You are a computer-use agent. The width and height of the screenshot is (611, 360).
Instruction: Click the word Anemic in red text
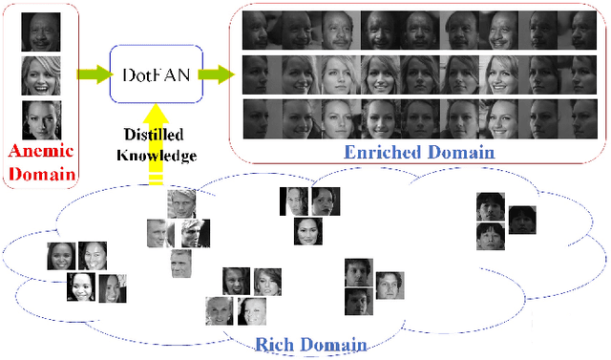pyautogui.click(x=38, y=149)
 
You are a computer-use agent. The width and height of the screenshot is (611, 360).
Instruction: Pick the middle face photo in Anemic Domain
pyautogui.click(x=40, y=74)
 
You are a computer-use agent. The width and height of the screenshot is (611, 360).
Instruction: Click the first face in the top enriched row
pyautogui.click(x=255, y=31)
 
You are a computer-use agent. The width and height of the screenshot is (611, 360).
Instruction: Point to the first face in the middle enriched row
pyautogui.click(x=255, y=74)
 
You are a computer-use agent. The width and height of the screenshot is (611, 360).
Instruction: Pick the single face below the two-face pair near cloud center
pyautogui.click(x=180, y=264)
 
